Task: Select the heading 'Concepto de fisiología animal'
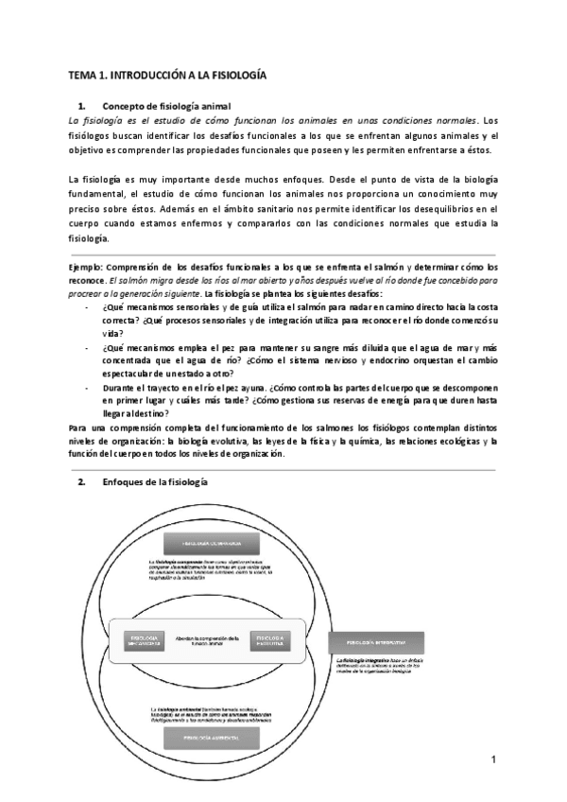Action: [x=166, y=106]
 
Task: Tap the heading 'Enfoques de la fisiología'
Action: [x=154, y=481]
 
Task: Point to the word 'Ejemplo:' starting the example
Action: [x=91, y=269]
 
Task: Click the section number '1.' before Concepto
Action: [x=82, y=106]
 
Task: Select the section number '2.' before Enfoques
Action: [x=82, y=481]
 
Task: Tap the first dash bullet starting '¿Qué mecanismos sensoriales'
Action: [x=89, y=307]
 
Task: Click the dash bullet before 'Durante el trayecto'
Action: [x=89, y=387]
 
